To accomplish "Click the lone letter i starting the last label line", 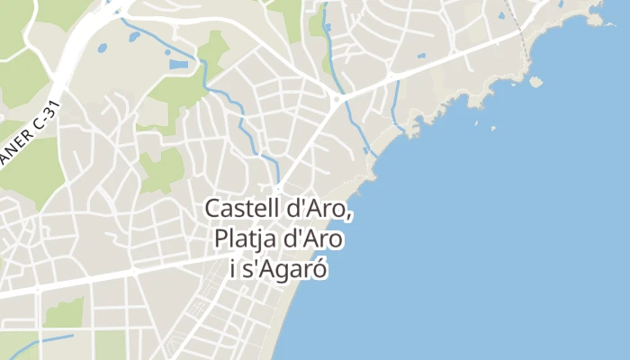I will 234,270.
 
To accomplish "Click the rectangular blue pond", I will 179,65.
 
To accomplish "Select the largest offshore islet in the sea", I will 535,83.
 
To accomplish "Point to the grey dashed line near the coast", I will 515,18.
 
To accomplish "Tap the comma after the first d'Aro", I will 348,214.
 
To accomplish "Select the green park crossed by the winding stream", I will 213,49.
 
